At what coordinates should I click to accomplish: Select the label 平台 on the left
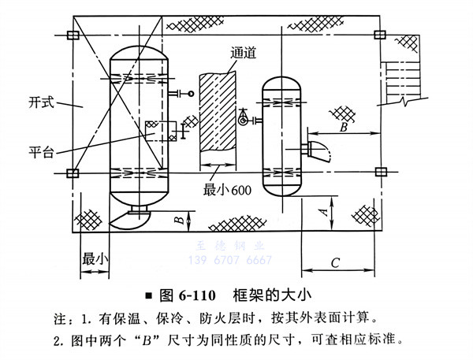[41, 151]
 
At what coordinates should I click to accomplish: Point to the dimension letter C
[335, 261]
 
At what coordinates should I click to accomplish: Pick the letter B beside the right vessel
[342, 124]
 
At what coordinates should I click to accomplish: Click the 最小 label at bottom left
[95, 258]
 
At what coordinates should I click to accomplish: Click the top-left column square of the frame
[73, 35]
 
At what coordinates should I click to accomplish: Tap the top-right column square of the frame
[380, 35]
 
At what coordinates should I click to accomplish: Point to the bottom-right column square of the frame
[380, 172]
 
